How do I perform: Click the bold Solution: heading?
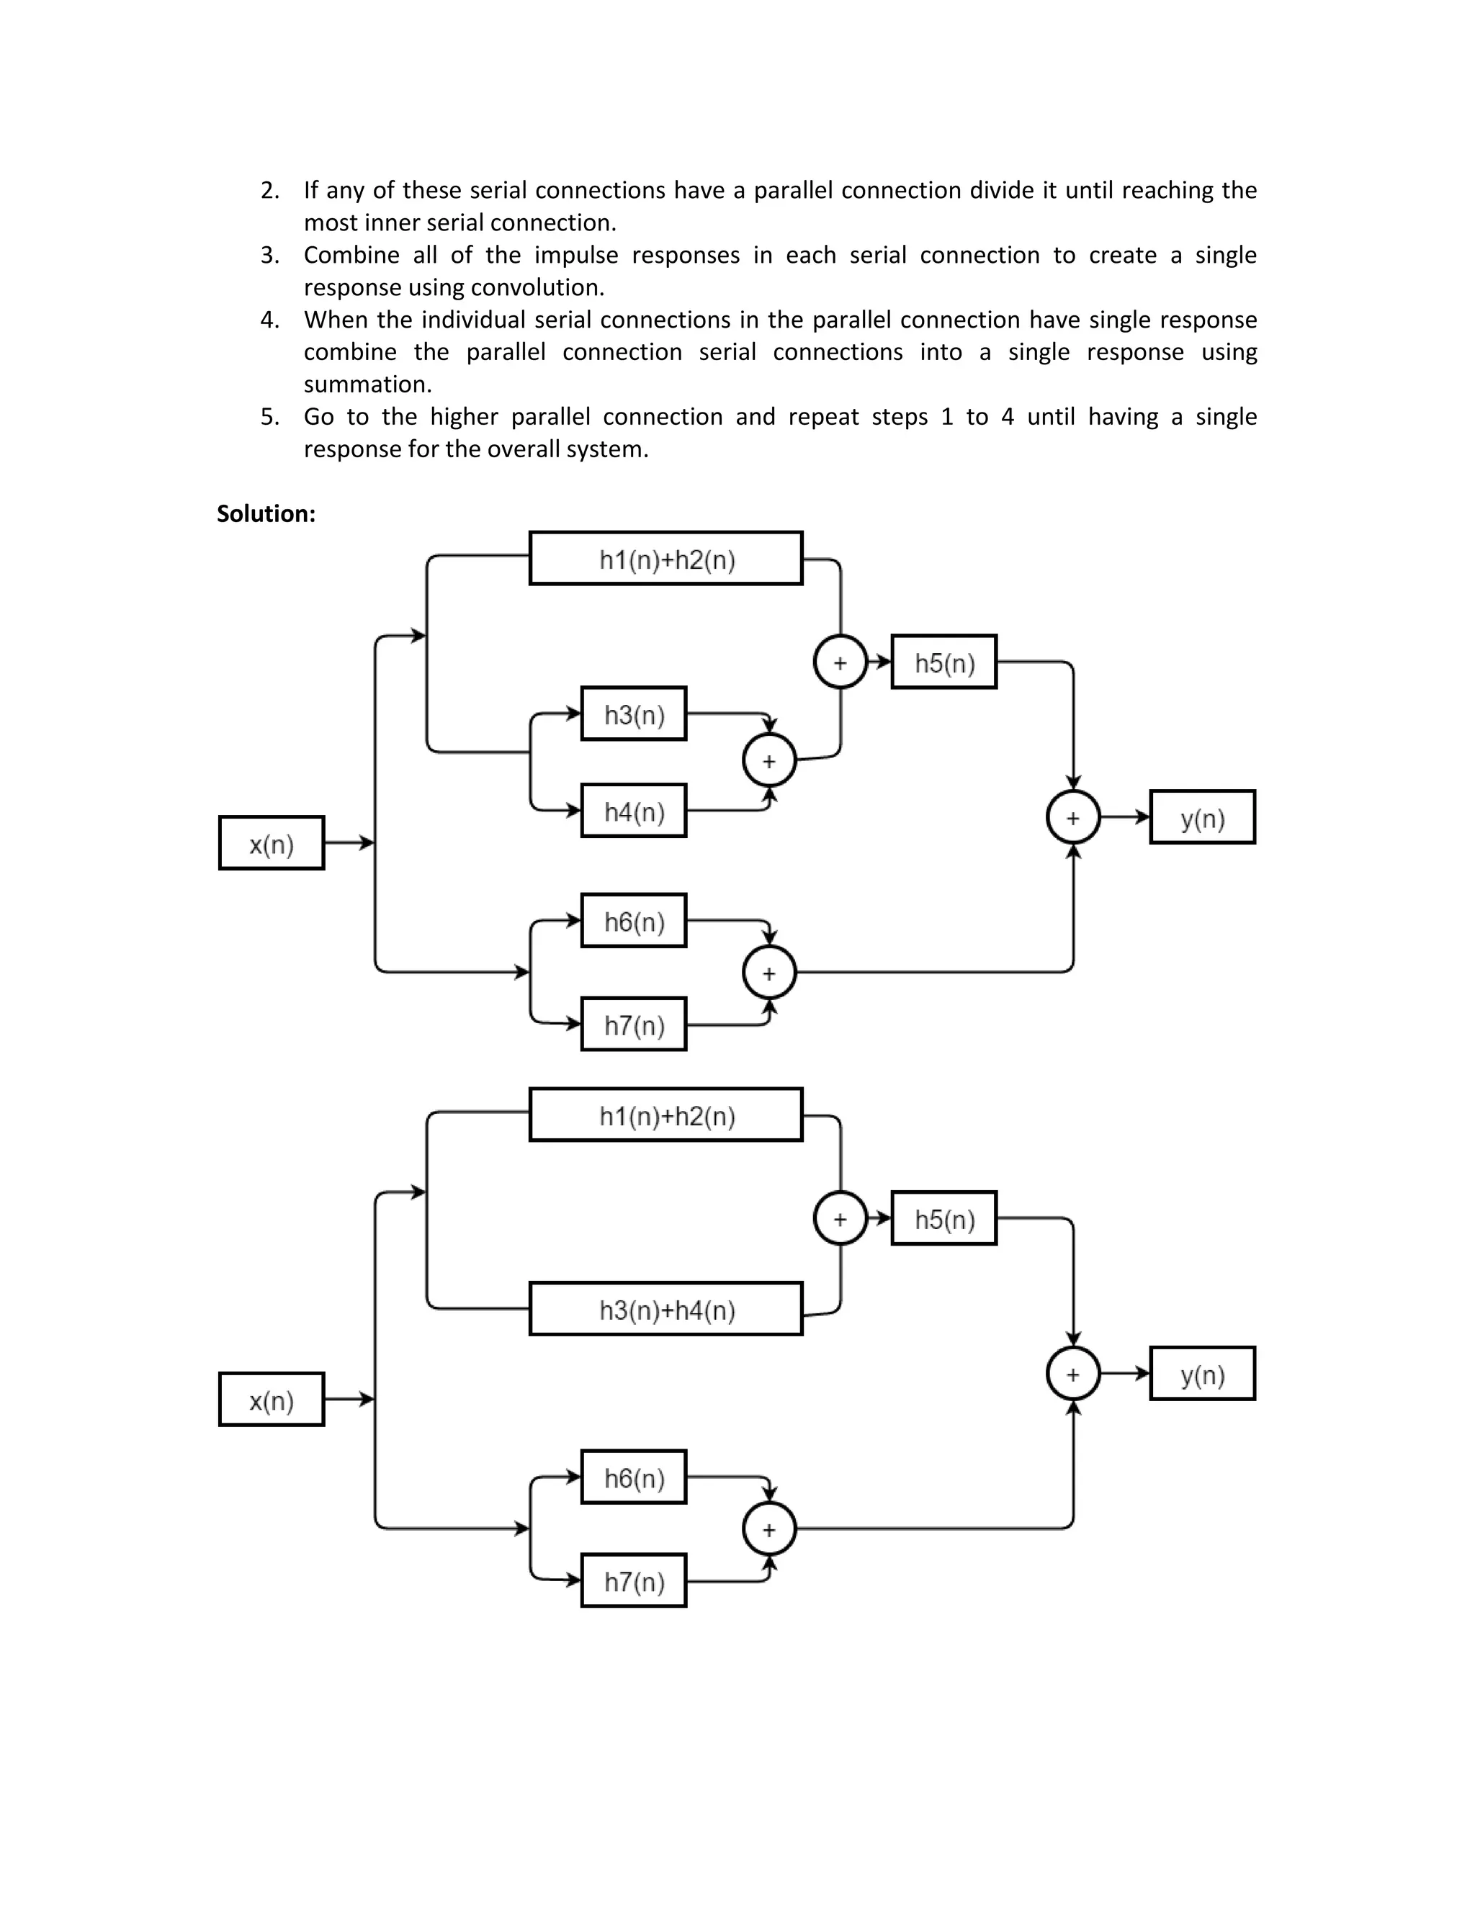tap(266, 513)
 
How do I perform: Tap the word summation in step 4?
tap(367, 384)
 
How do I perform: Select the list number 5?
tap(269, 417)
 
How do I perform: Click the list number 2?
tap(269, 191)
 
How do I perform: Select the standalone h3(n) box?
tap(634, 714)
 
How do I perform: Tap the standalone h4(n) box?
tap(634, 811)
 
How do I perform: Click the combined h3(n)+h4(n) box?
tap(666, 1309)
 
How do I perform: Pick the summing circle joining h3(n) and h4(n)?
tap(769, 761)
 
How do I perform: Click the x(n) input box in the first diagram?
tap(272, 843)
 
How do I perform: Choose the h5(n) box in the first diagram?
tap(943, 662)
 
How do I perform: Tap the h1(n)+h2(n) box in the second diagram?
tap(666, 1115)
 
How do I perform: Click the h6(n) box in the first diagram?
tap(634, 921)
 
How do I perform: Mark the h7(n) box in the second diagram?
tap(634, 1581)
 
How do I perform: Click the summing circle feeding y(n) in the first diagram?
tap(1073, 818)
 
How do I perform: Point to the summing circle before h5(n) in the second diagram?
tap(840, 1219)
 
